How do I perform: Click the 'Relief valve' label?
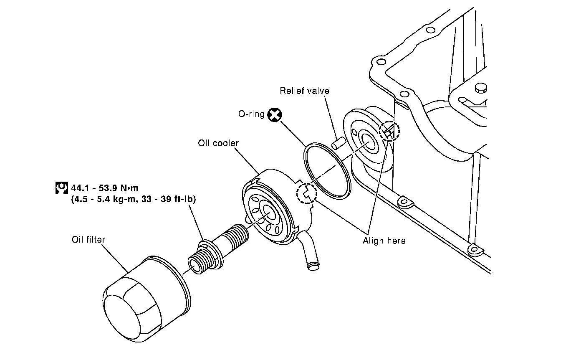coord(304,91)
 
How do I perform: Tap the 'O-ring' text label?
coord(251,114)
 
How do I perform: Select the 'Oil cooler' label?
coord(218,143)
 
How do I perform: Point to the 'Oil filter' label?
coord(88,240)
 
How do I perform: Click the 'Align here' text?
coord(384,241)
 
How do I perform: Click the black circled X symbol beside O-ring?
coord(274,114)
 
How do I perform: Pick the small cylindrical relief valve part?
coord(337,144)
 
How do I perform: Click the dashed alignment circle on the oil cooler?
coord(306,193)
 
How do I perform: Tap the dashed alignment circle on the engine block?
coord(389,132)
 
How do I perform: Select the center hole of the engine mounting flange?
coord(368,140)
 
